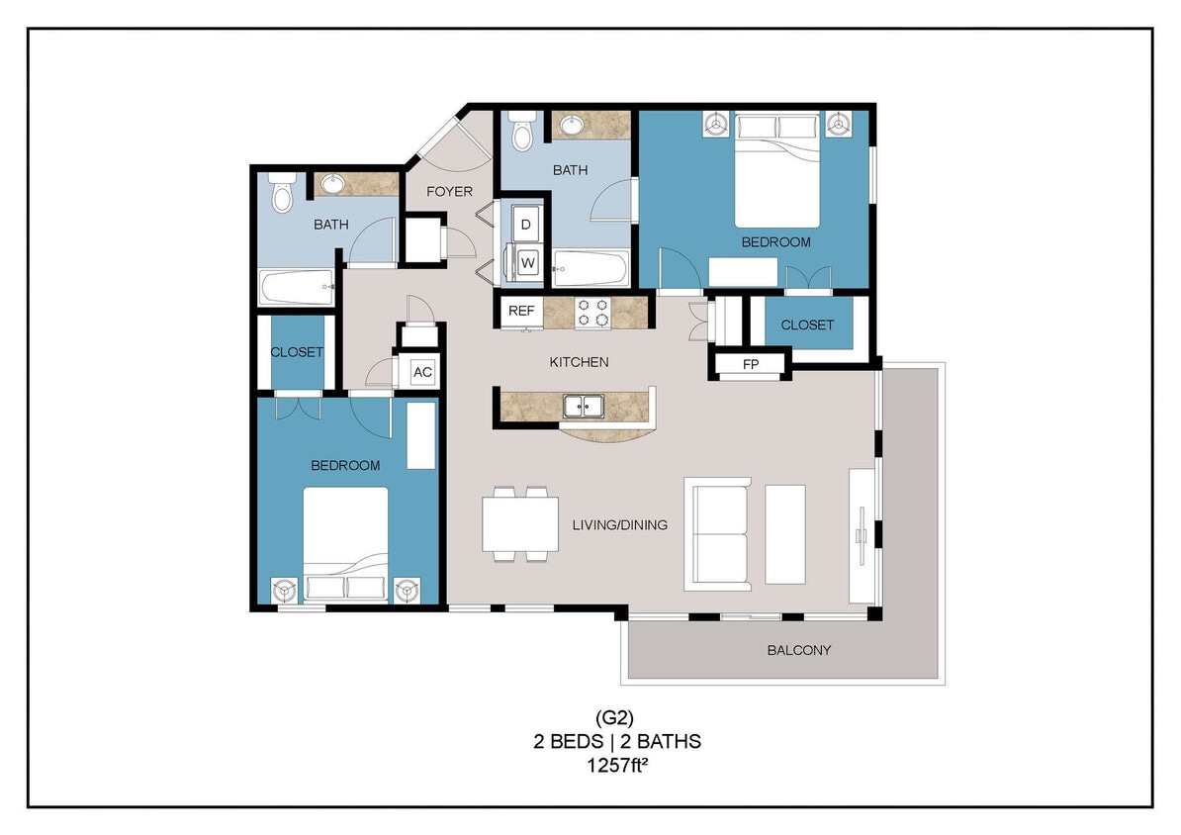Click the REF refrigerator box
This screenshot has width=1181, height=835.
tap(520, 311)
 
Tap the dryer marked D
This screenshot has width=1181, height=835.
tap(526, 225)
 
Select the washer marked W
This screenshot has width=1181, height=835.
tap(526, 263)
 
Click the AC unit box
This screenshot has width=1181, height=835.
tap(422, 372)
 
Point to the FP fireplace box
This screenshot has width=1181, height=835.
tap(751, 364)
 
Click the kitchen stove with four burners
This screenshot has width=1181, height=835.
tap(593, 313)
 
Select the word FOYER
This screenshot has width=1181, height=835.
tap(449, 191)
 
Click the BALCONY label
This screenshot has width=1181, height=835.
tap(798, 650)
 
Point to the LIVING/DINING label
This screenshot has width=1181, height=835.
tap(619, 524)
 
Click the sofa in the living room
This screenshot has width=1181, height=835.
tap(718, 534)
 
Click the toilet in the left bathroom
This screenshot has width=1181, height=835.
tap(282, 193)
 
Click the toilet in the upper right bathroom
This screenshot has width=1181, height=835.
tap(523, 131)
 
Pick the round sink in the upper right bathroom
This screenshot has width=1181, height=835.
tap(573, 126)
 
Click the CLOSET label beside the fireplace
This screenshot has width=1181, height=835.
tap(807, 325)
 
